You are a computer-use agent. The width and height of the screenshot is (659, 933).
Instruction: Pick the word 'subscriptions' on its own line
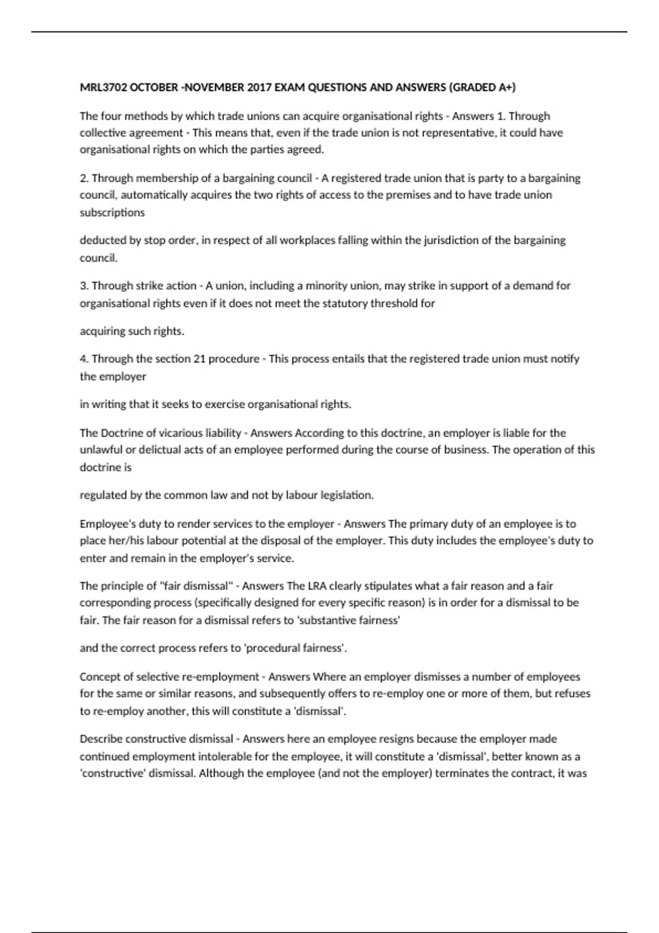coord(112,212)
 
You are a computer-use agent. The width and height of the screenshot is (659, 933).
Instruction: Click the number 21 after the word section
coord(199,358)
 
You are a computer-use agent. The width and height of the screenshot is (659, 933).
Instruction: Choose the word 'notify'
coord(565,358)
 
